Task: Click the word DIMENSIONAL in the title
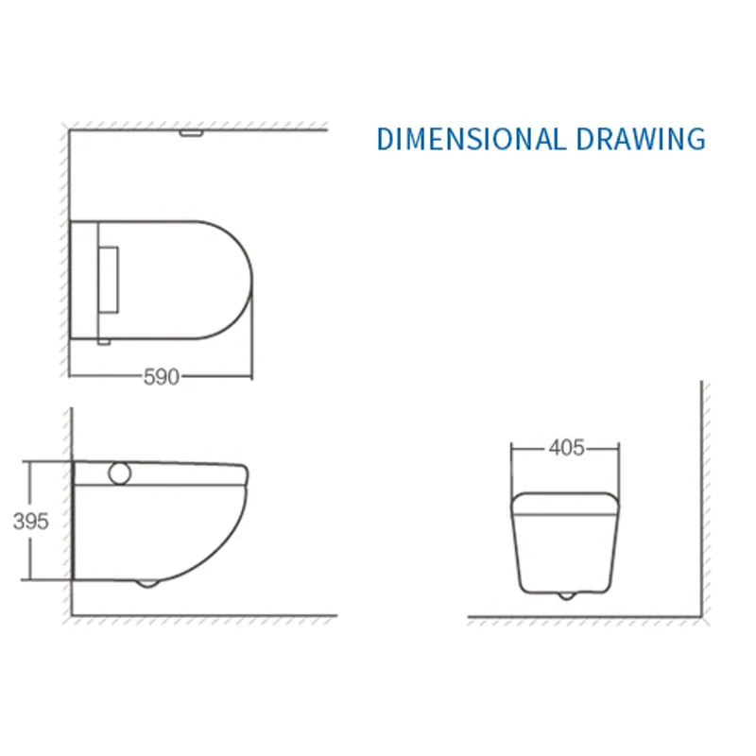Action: [470, 139]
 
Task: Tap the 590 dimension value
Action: [161, 377]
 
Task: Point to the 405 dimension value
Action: [566, 448]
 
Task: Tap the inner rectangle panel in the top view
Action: [109, 281]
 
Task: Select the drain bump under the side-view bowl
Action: [147, 582]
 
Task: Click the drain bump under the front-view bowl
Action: [564, 595]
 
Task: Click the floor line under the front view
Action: [586, 618]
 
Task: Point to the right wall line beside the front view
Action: [701, 491]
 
